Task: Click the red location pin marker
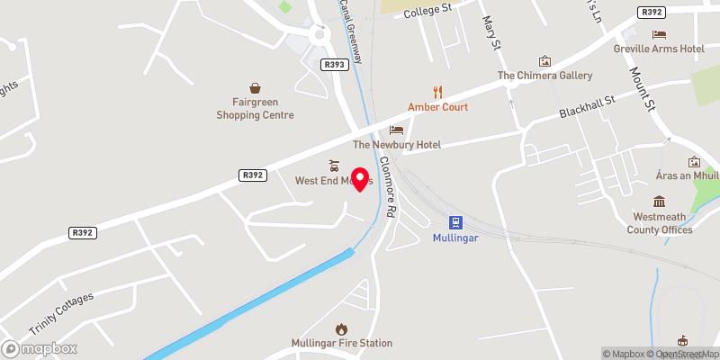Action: click(x=361, y=178)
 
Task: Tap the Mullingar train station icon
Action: click(x=456, y=222)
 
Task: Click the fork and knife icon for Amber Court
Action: click(x=438, y=90)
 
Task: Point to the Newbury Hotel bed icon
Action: click(x=396, y=130)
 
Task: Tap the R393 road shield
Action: click(x=333, y=64)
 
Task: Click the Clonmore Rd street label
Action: click(x=388, y=188)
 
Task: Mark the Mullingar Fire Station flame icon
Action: click(x=341, y=329)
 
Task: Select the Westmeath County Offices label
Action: click(x=660, y=223)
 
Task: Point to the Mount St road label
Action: click(x=646, y=89)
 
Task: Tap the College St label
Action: click(x=427, y=11)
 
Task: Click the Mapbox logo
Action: click(x=39, y=348)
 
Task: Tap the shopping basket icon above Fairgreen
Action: click(x=256, y=88)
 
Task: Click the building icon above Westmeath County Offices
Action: click(x=660, y=201)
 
